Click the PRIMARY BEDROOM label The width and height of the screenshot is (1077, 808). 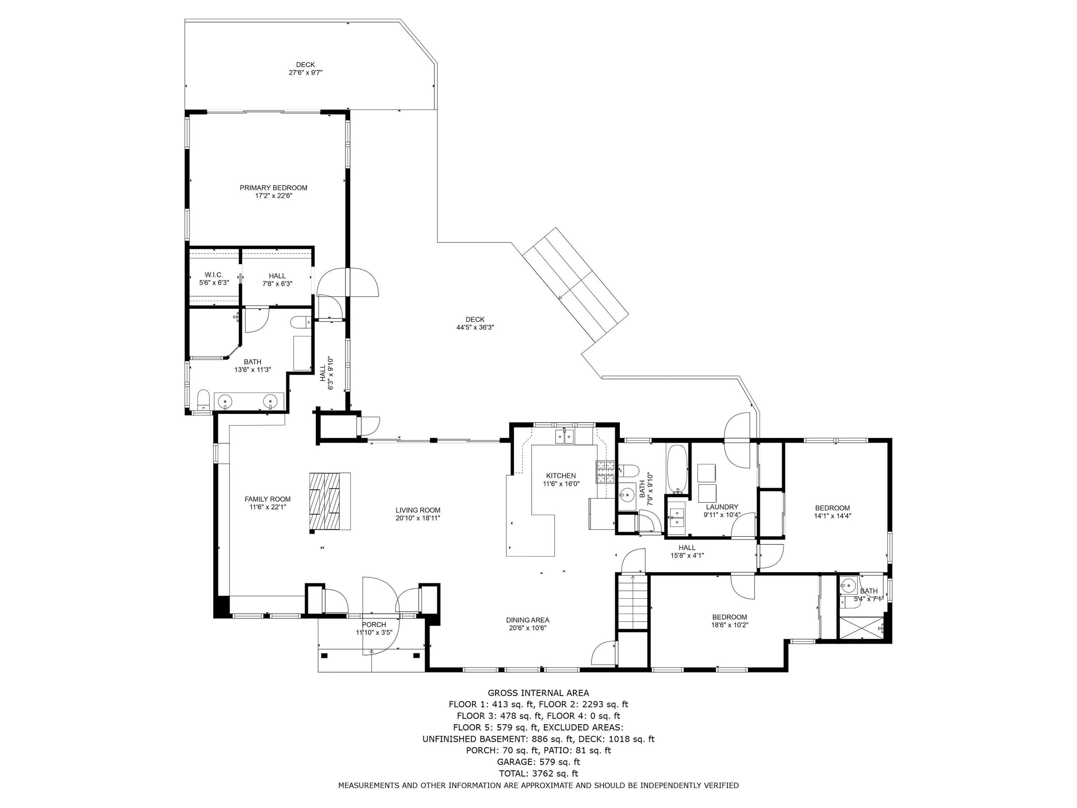[x=273, y=187]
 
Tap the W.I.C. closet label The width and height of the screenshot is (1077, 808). [x=214, y=275]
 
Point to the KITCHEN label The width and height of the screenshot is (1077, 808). [x=561, y=476]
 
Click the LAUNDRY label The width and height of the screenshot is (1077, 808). [x=722, y=506]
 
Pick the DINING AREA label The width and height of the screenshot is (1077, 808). [x=527, y=620]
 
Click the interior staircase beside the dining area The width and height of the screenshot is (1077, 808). [x=633, y=602]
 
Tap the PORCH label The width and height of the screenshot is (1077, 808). [x=374, y=624]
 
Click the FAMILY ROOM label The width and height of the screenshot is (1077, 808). [x=267, y=499]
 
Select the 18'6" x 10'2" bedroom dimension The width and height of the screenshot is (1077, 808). [x=729, y=625]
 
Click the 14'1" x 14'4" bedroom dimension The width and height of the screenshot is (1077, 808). [x=833, y=516]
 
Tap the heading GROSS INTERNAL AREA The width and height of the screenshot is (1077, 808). [x=538, y=693]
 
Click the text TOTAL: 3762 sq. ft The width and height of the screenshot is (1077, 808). [x=538, y=773]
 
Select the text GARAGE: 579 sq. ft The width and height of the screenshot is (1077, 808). [x=538, y=762]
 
